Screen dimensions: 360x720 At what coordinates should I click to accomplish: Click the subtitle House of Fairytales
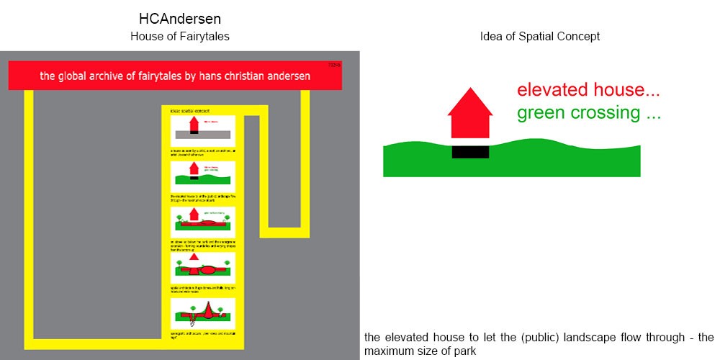pos(179,36)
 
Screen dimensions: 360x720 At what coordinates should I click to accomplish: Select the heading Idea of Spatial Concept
pos(539,36)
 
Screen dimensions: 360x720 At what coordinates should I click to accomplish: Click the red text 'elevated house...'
pos(588,91)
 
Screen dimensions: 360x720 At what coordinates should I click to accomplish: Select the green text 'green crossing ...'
pos(588,113)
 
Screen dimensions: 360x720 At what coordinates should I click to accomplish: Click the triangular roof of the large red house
pos(470,102)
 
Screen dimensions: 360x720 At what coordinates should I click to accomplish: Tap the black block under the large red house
pos(470,151)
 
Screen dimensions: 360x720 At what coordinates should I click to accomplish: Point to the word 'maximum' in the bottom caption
pos(386,351)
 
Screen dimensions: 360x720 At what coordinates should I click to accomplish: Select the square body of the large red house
pos(470,127)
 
